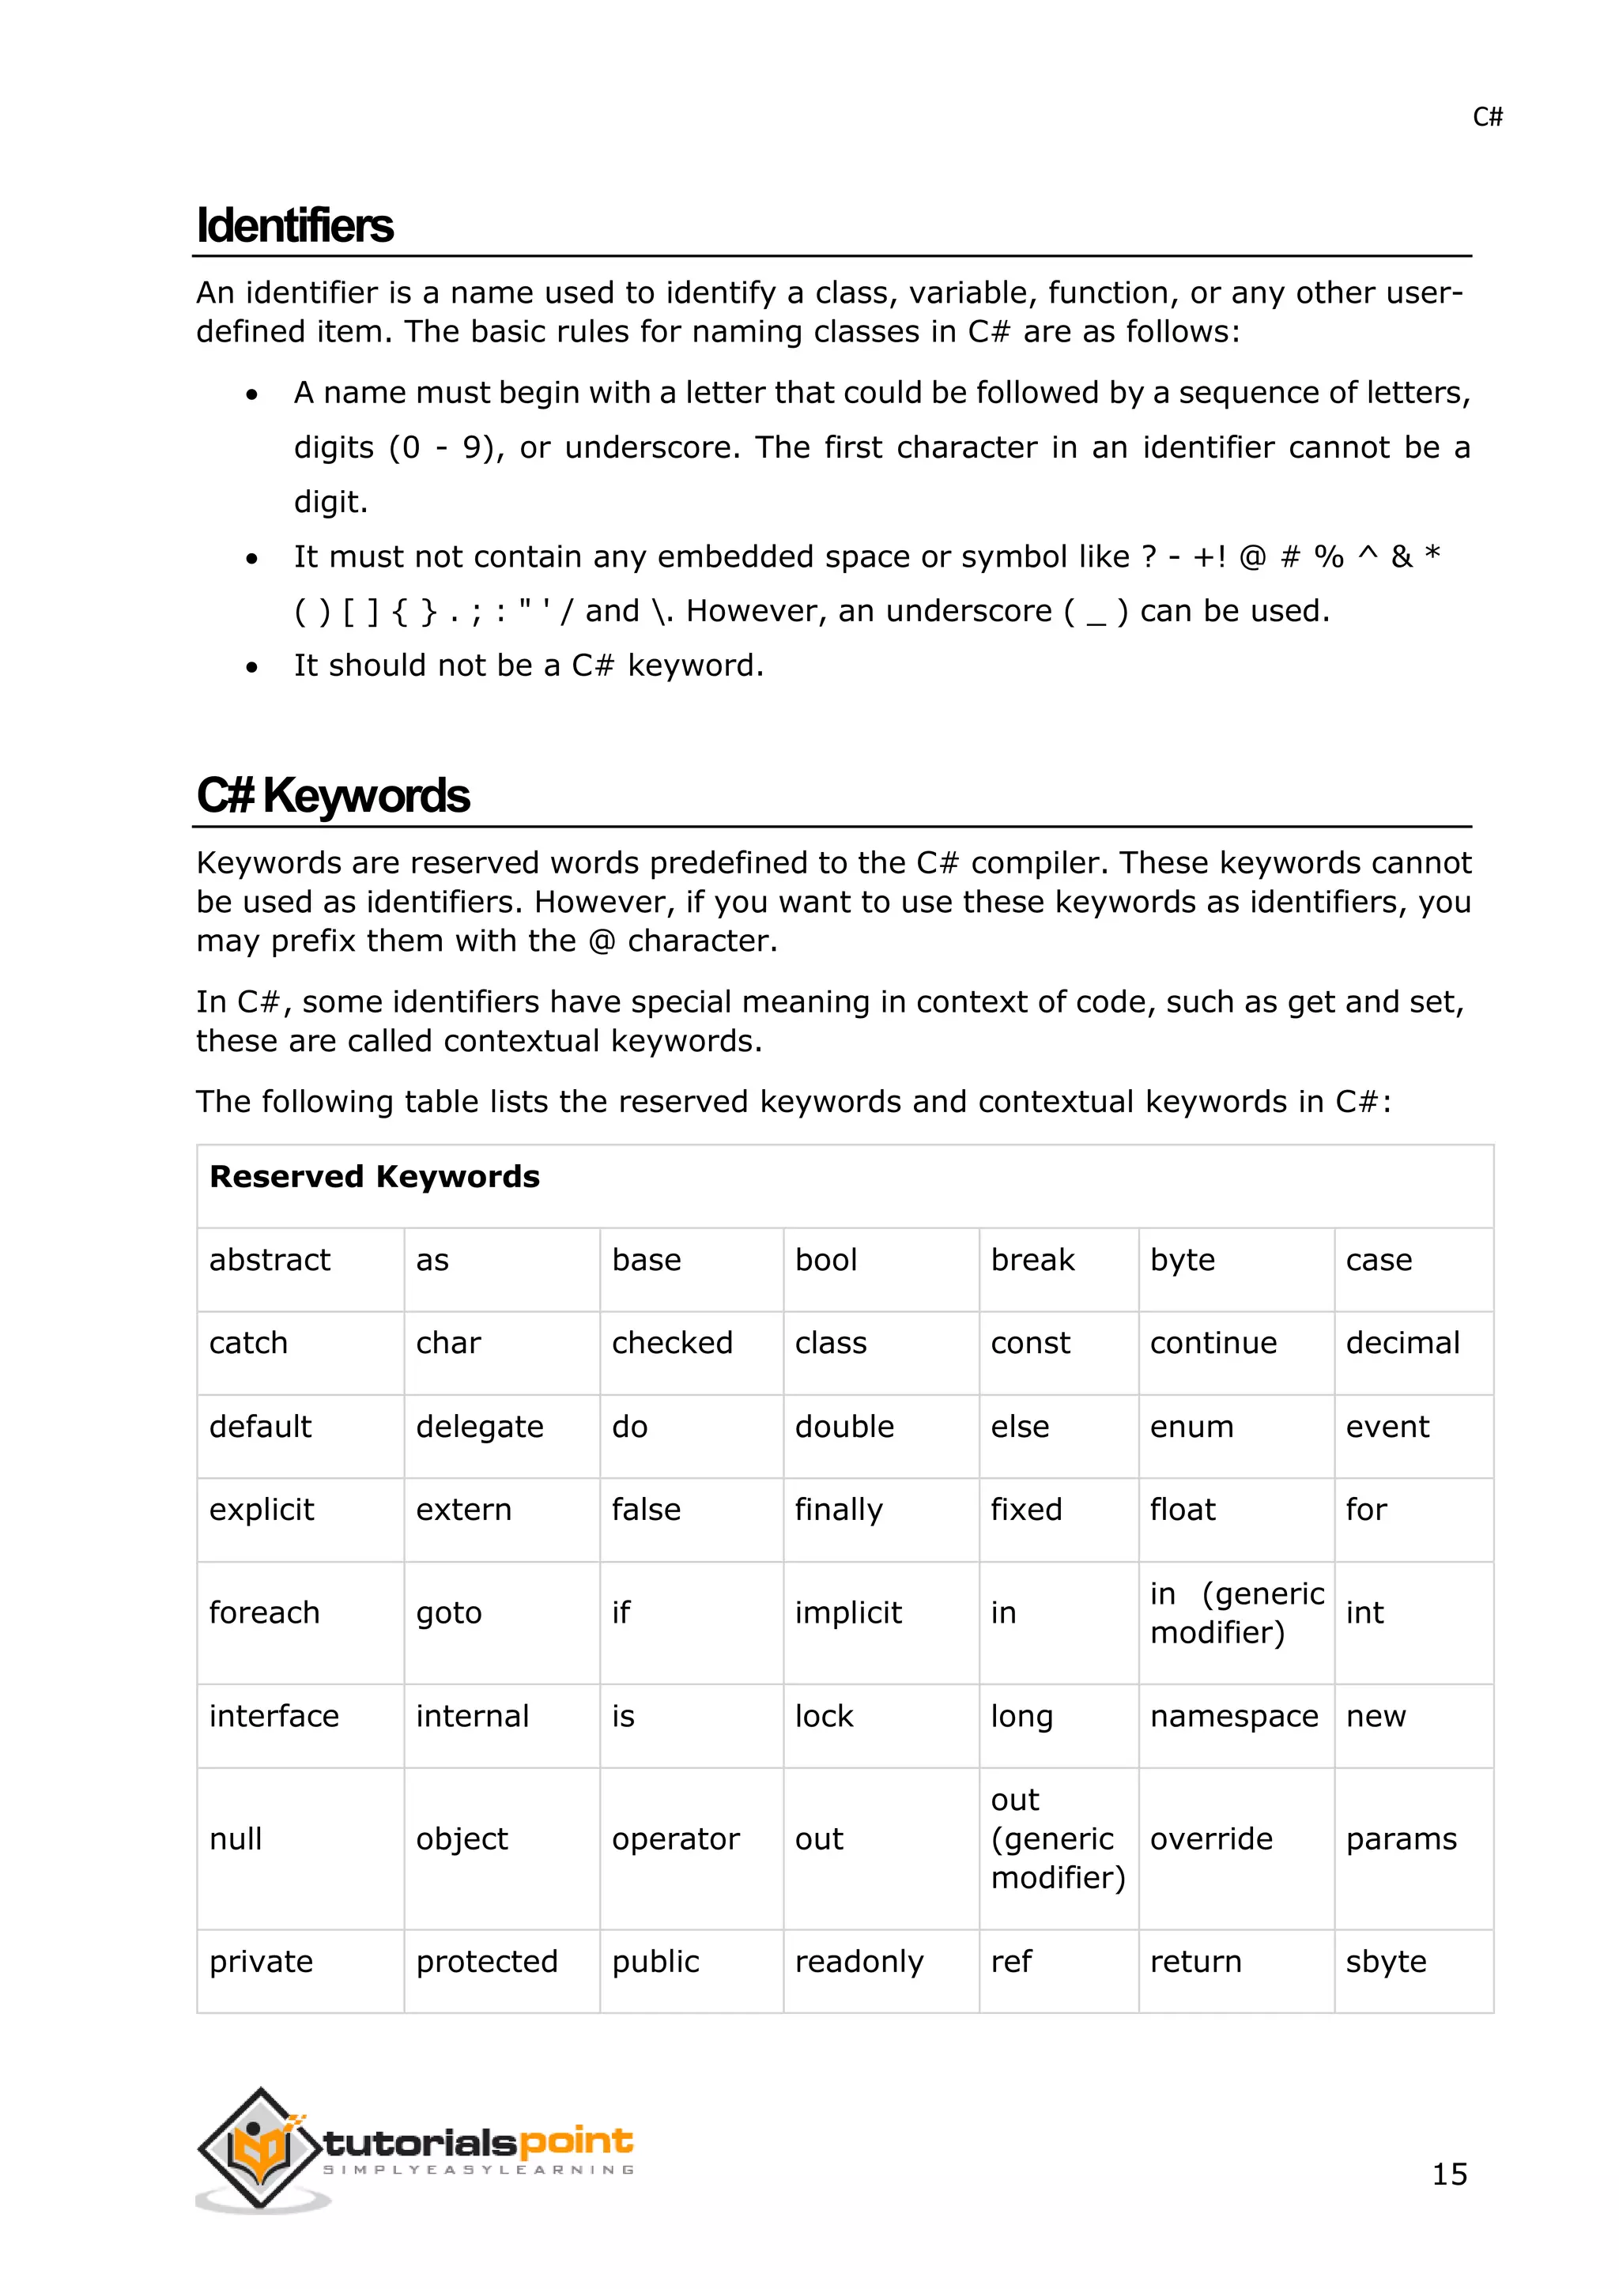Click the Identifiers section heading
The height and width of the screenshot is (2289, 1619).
pyautogui.click(x=295, y=225)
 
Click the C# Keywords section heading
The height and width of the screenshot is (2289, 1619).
pyautogui.click(x=333, y=796)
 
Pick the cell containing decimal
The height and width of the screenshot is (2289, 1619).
pyautogui.click(x=1402, y=1343)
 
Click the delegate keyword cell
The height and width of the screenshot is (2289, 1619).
pyautogui.click(x=480, y=1427)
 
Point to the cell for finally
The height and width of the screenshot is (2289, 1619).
pyautogui.click(x=839, y=1510)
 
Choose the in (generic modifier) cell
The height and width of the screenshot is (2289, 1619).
pyautogui.click(x=1236, y=1612)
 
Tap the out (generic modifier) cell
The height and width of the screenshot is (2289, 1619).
pyautogui.click(x=1057, y=1838)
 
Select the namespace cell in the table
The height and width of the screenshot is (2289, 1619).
pyautogui.click(x=1233, y=1716)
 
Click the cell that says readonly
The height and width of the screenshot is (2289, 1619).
pyautogui.click(x=859, y=1961)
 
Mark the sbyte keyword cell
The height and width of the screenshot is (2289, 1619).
pyautogui.click(x=1386, y=1961)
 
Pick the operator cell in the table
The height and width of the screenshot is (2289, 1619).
pyautogui.click(x=675, y=1838)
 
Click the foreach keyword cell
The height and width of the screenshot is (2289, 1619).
pyautogui.click(x=264, y=1612)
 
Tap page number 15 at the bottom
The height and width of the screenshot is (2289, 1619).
pyautogui.click(x=1448, y=2174)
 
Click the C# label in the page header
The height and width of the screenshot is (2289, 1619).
pyautogui.click(x=1486, y=118)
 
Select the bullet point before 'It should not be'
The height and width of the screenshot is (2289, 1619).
pyautogui.click(x=252, y=667)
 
